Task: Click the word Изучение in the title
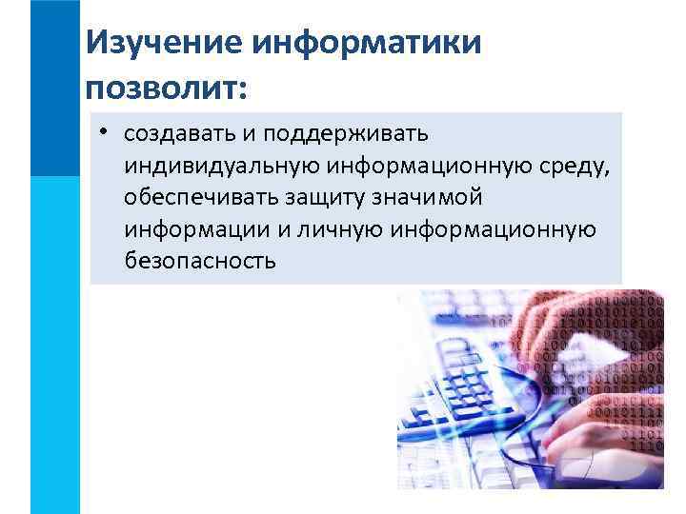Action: coord(161,43)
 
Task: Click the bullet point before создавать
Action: coord(101,129)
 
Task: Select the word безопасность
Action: coord(199,261)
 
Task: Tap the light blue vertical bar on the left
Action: coord(54,343)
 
